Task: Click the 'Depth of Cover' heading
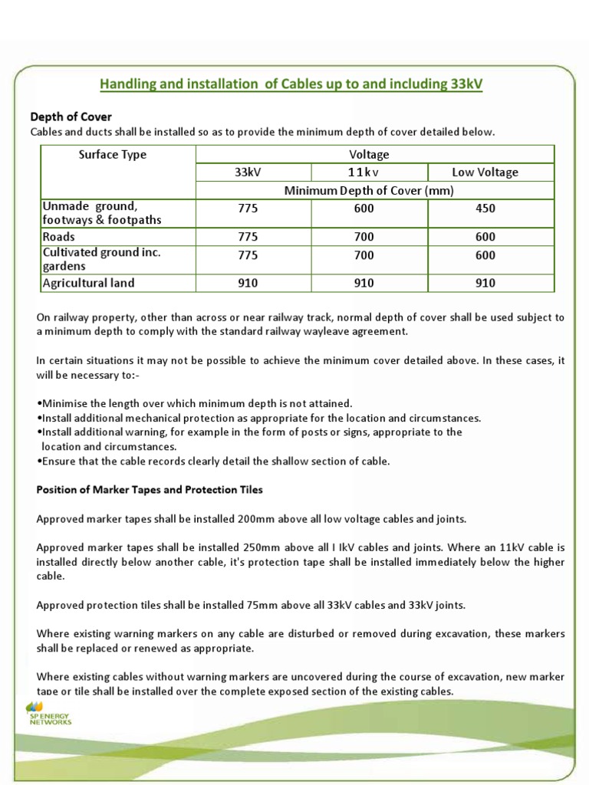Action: tap(71, 117)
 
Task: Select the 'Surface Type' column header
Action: tap(113, 154)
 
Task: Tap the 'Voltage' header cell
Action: tap(369, 154)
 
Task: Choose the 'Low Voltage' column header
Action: tap(485, 172)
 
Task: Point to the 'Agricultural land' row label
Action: tap(88, 283)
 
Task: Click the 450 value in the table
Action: tap(485, 209)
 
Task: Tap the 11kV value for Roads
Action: tap(364, 237)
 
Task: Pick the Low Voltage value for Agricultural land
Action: tap(485, 283)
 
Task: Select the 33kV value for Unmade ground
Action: tap(248, 209)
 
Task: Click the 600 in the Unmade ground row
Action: tap(364, 209)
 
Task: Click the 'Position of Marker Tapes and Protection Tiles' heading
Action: tap(150, 489)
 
